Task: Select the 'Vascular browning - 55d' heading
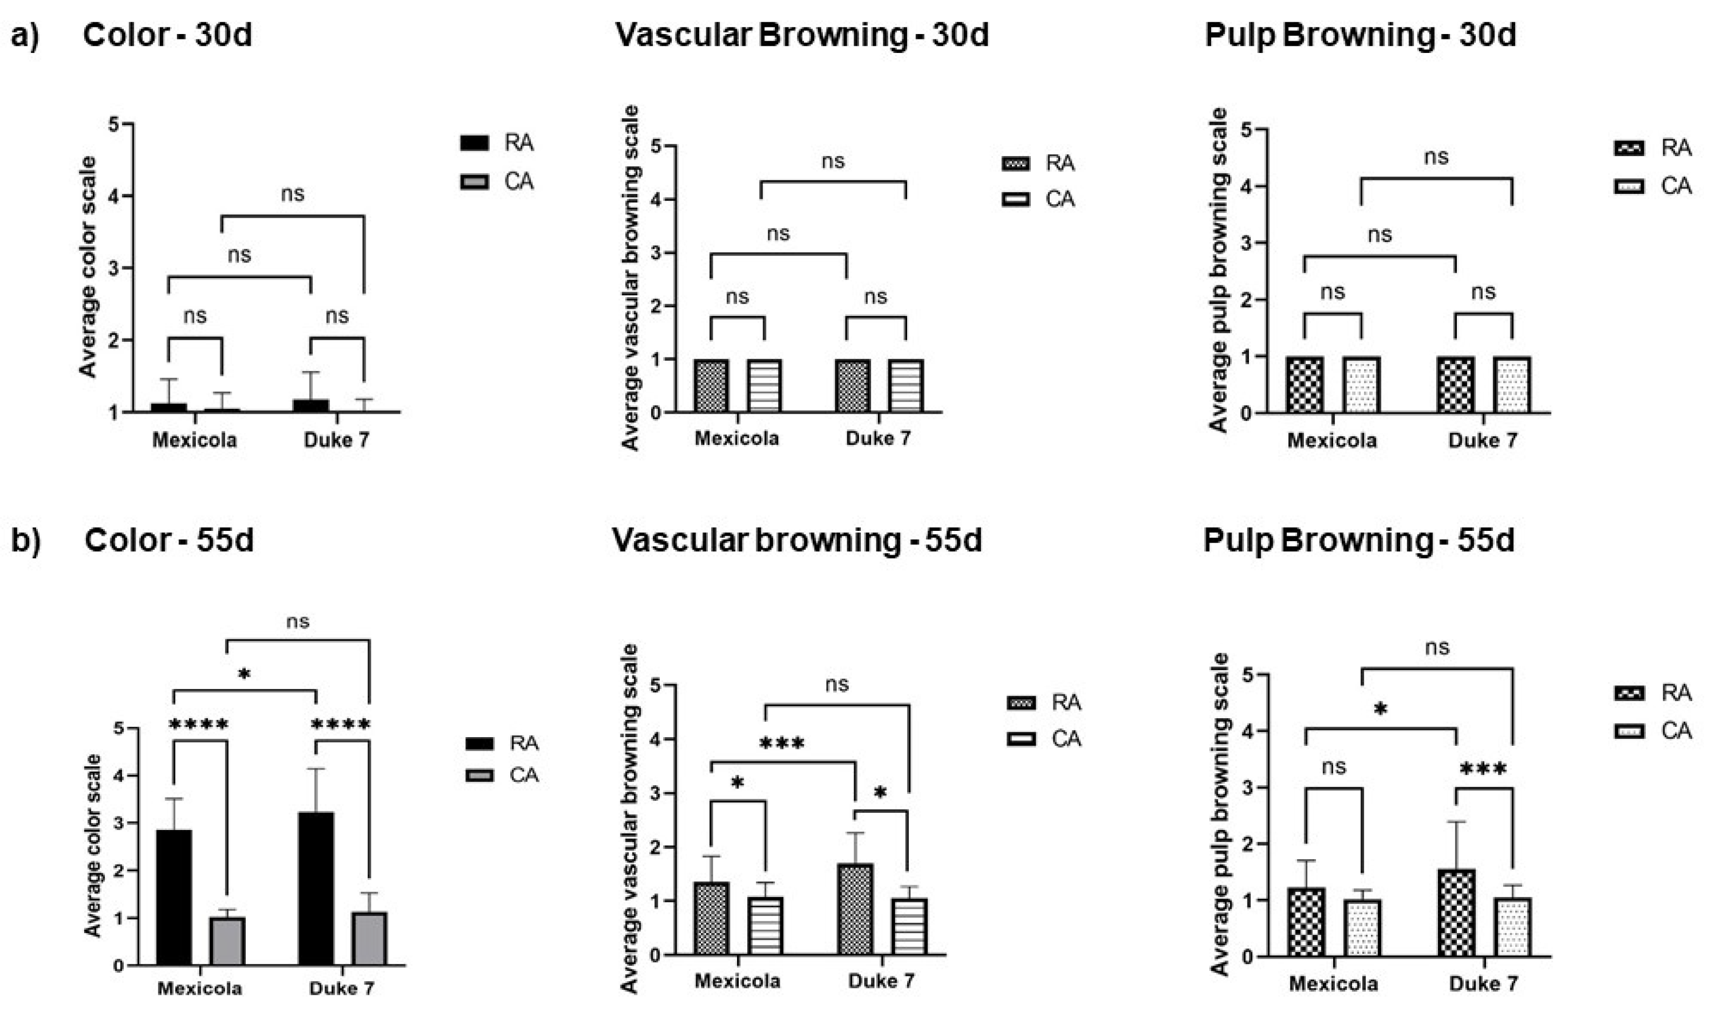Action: coord(796,540)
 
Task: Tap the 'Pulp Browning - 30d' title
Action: coord(1360,35)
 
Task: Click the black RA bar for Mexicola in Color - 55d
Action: coord(174,897)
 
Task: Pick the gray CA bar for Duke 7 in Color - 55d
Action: coord(369,937)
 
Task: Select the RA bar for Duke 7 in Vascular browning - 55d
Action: coord(855,908)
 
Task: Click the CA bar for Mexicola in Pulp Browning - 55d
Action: coord(1362,928)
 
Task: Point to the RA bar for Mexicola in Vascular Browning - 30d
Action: coord(711,386)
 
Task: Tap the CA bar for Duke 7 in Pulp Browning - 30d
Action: coord(1512,385)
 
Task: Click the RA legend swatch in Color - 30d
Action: coord(475,143)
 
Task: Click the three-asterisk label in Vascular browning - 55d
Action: coord(782,745)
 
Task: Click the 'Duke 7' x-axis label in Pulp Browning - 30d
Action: coord(1483,441)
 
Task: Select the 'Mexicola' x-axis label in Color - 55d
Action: coord(200,988)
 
